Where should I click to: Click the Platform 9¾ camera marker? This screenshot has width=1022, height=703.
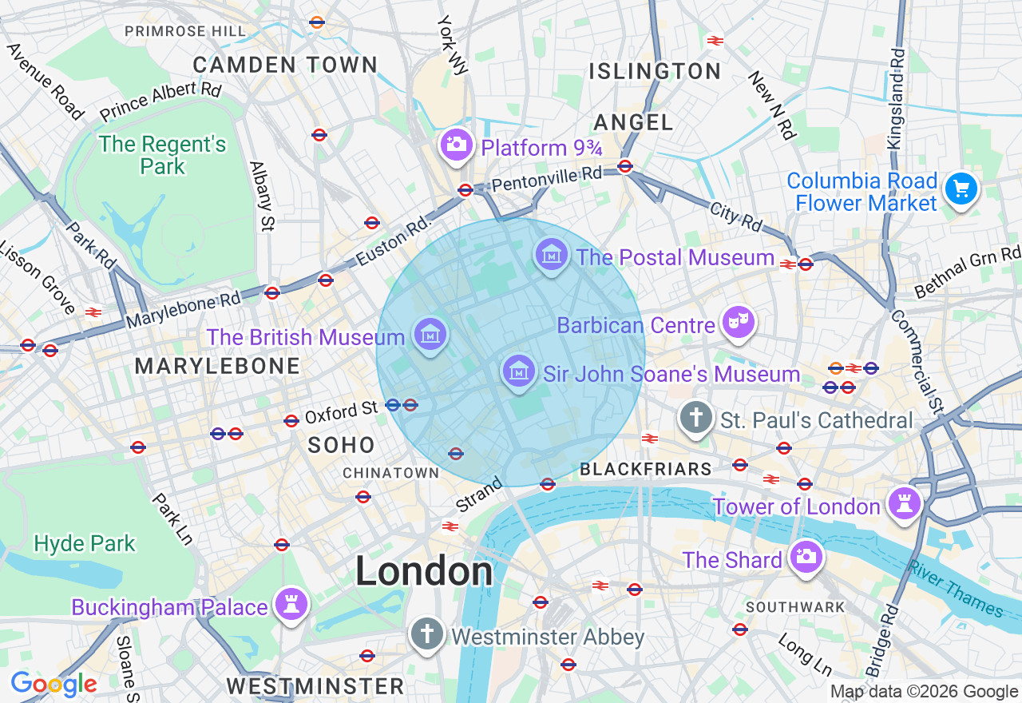coord(457,145)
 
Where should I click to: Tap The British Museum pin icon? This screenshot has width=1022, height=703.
coord(430,335)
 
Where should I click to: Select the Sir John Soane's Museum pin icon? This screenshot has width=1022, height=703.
coord(519,371)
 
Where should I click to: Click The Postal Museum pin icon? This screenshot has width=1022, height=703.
coord(552,256)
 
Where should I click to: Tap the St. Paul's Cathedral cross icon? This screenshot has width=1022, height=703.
coord(696,418)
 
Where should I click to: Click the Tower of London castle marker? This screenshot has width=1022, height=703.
coord(905,504)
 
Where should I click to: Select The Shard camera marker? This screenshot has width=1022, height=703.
coord(806,558)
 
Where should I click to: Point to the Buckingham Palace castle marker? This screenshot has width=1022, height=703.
coord(291,605)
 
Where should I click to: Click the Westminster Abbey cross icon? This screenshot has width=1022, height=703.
coord(427,635)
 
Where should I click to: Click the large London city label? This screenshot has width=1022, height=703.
coord(424,571)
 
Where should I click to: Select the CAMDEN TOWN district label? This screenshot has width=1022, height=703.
coord(285,65)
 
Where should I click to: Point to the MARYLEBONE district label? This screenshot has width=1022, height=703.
coord(217,367)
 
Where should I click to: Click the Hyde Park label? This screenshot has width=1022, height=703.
coord(85,544)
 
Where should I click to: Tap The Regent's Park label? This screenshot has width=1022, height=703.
coord(163,156)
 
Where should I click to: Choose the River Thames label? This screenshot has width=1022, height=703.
coord(955,588)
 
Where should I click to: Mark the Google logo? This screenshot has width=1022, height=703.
coord(53,685)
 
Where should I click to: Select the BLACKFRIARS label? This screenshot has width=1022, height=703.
coord(645,470)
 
